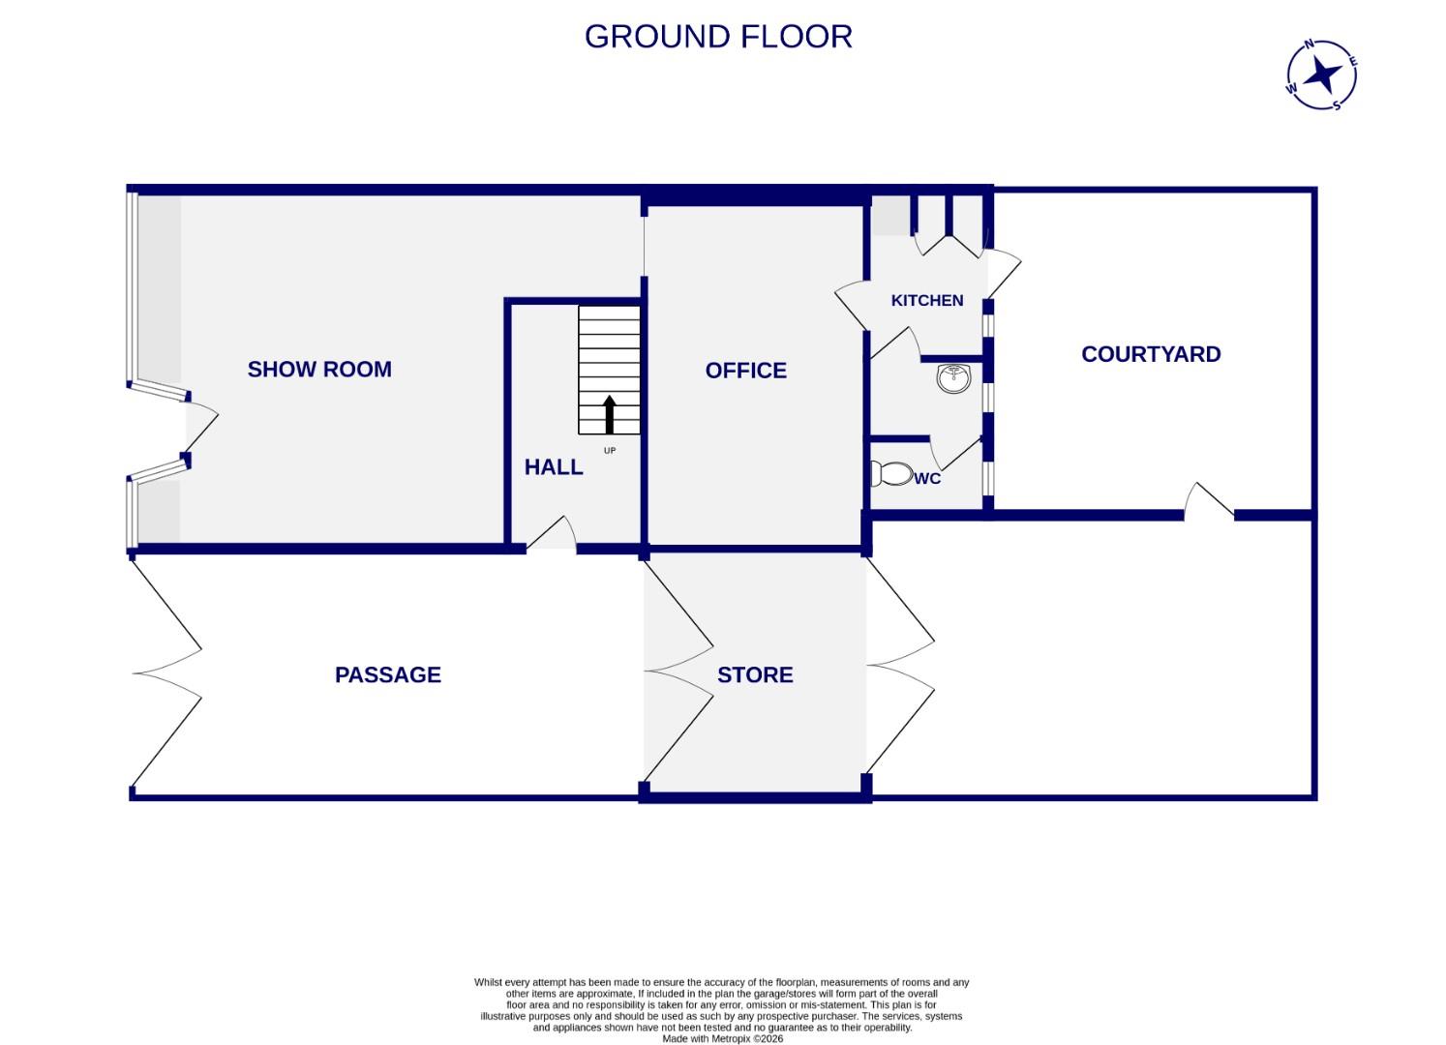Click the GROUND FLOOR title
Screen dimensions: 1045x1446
(718, 37)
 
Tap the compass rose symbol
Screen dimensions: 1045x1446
(1321, 75)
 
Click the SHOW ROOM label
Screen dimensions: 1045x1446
(319, 369)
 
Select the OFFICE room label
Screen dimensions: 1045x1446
(745, 370)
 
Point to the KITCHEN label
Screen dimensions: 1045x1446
(926, 300)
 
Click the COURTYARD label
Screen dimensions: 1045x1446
(1150, 354)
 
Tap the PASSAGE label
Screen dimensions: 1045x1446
(387, 674)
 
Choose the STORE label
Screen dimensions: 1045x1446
(755, 674)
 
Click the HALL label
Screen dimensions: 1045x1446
(554, 466)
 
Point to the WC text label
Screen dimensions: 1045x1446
(927, 478)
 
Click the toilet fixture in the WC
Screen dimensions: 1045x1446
(891, 473)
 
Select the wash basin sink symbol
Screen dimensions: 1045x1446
(954, 377)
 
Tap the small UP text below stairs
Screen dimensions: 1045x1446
(610, 450)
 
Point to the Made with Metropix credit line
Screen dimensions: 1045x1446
(722, 1039)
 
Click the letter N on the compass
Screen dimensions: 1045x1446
(1310, 44)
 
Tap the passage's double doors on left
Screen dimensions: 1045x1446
(166, 673)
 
